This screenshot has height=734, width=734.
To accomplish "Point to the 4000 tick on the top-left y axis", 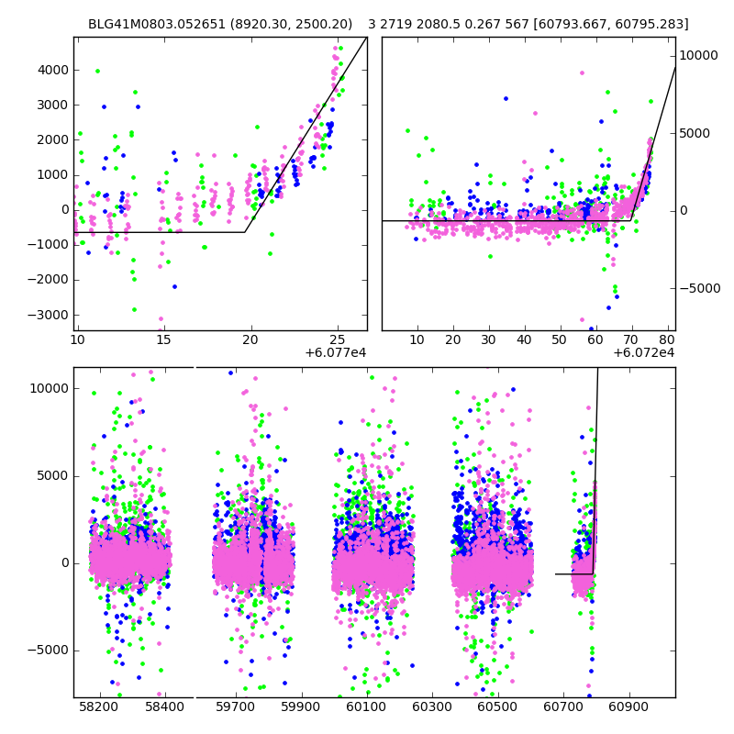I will click(51, 70).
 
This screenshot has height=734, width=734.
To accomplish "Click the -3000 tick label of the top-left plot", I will click(50, 315).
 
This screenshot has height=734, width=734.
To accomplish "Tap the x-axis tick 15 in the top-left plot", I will click(163, 339).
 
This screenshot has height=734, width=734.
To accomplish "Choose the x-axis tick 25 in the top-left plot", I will click(338, 339).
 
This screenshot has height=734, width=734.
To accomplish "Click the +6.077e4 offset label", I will click(336, 353).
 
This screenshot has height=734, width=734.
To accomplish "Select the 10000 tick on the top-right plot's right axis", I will click(699, 56).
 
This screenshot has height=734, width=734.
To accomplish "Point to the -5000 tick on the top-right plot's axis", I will click(702, 288).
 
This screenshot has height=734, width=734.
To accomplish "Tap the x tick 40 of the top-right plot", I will click(524, 339).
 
